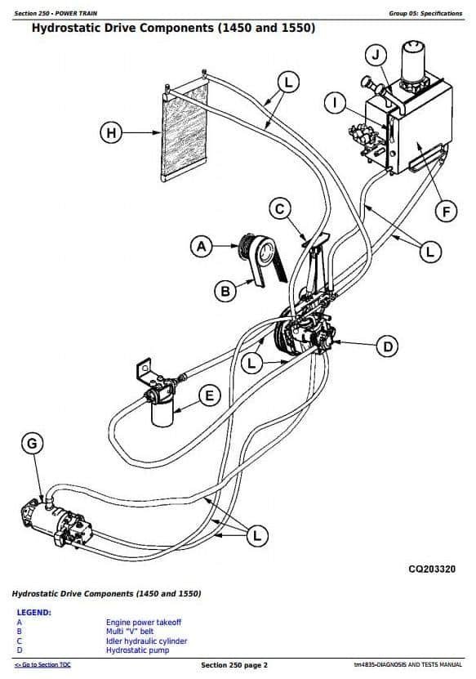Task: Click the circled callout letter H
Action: pos(111,132)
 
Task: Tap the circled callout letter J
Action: pos(376,55)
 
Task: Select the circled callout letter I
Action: pos(335,103)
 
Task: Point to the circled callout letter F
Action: pos(446,212)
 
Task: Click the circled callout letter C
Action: pos(280,209)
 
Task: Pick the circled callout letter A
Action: pos(202,247)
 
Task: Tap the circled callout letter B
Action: pos(225,291)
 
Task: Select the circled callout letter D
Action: pos(387,346)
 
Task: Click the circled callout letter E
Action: pos(210,395)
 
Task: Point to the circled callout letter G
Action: pos(33,444)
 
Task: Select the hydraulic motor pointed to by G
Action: pos(56,524)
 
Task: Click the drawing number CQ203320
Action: pos(432,569)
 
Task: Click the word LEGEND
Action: pos(33,612)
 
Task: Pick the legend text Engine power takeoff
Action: pos(144,623)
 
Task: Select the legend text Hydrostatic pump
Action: pos(138,650)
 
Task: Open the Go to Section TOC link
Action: pos(42,665)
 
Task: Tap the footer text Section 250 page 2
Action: pos(234,665)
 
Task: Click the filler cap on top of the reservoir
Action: pos(415,60)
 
